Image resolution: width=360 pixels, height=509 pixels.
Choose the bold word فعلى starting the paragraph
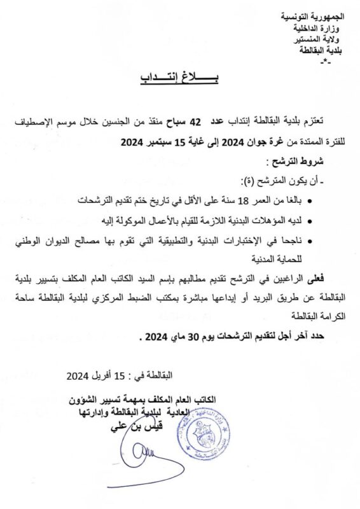tap(321, 277)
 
